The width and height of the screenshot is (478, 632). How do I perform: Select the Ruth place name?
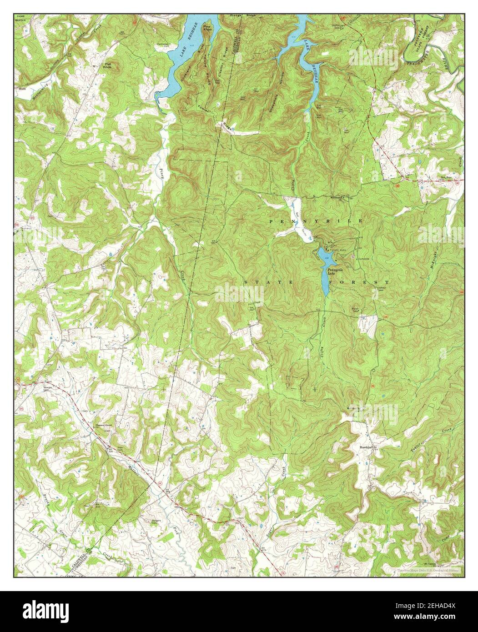point(22,89)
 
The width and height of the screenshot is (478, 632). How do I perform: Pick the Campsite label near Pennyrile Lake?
point(364,259)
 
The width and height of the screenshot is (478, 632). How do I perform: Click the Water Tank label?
point(357,311)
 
